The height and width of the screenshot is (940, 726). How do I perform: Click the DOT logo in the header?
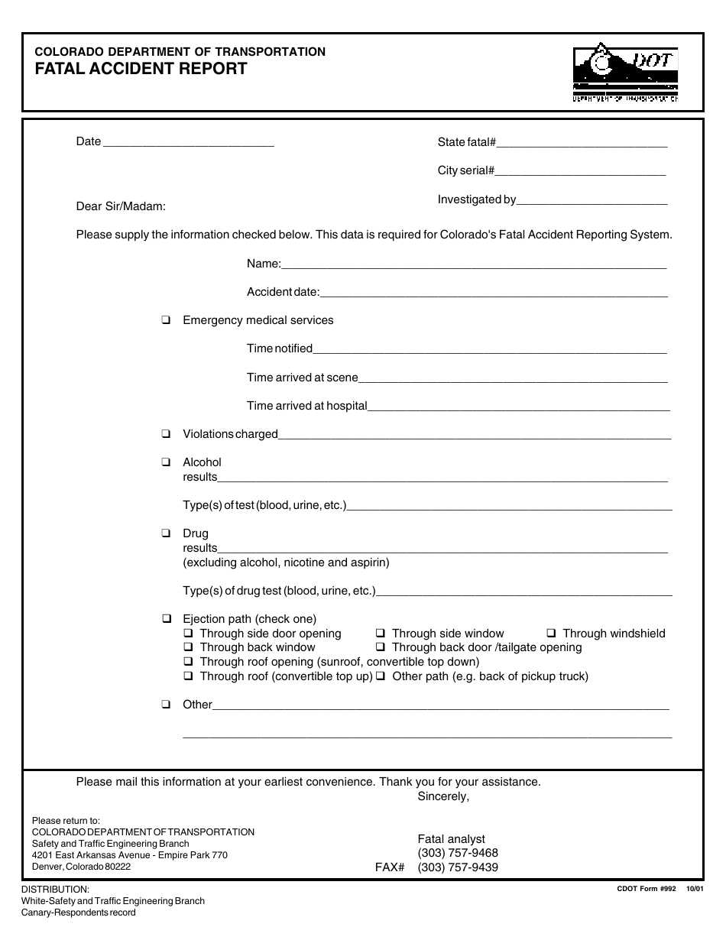pyautogui.click(x=625, y=73)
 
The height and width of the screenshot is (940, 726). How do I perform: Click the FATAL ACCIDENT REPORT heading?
pyautogui.click(x=141, y=69)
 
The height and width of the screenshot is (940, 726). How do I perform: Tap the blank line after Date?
pyautogui.click(x=187, y=143)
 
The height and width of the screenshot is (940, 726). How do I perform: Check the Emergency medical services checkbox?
pyautogui.click(x=166, y=321)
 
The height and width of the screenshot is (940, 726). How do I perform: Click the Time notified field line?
pyautogui.click(x=489, y=350)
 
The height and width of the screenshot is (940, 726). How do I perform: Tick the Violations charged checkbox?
pyautogui.click(x=166, y=434)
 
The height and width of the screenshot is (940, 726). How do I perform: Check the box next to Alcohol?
pyautogui.click(x=166, y=462)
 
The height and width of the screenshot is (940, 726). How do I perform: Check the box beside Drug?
pyautogui.click(x=166, y=533)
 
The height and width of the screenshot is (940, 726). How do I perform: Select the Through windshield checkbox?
pyautogui.click(x=551, y=634)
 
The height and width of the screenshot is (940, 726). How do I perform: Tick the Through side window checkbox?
pyautogui.click(x=380, y=634)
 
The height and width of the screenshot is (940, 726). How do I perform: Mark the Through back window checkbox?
pyautogui.click(x=188, y=648)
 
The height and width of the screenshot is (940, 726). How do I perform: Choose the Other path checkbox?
pyautogui.click(x=380, y=677)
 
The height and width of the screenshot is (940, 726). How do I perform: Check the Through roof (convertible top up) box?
pyautogui.click(x=188, y=677)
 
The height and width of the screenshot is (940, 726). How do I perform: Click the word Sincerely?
pyautogui.click(x=443, y=796)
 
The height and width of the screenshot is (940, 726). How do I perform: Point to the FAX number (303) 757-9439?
pyautogui.click(x=458, y=867)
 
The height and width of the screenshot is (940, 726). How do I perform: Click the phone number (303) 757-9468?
pyautogui.click(x=458, y=853)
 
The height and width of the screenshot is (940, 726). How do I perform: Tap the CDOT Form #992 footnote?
pyautogui.click(x=647, y=889)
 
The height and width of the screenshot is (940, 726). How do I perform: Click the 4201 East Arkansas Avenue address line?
pyautogui.click(x=130, y=855)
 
